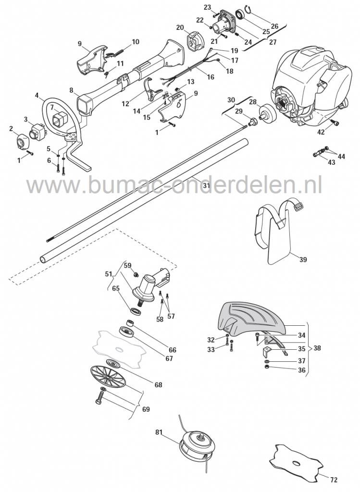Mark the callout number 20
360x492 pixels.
180,27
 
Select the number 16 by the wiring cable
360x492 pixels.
211,77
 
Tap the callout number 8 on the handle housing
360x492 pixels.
71,90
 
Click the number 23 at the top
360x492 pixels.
207,7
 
